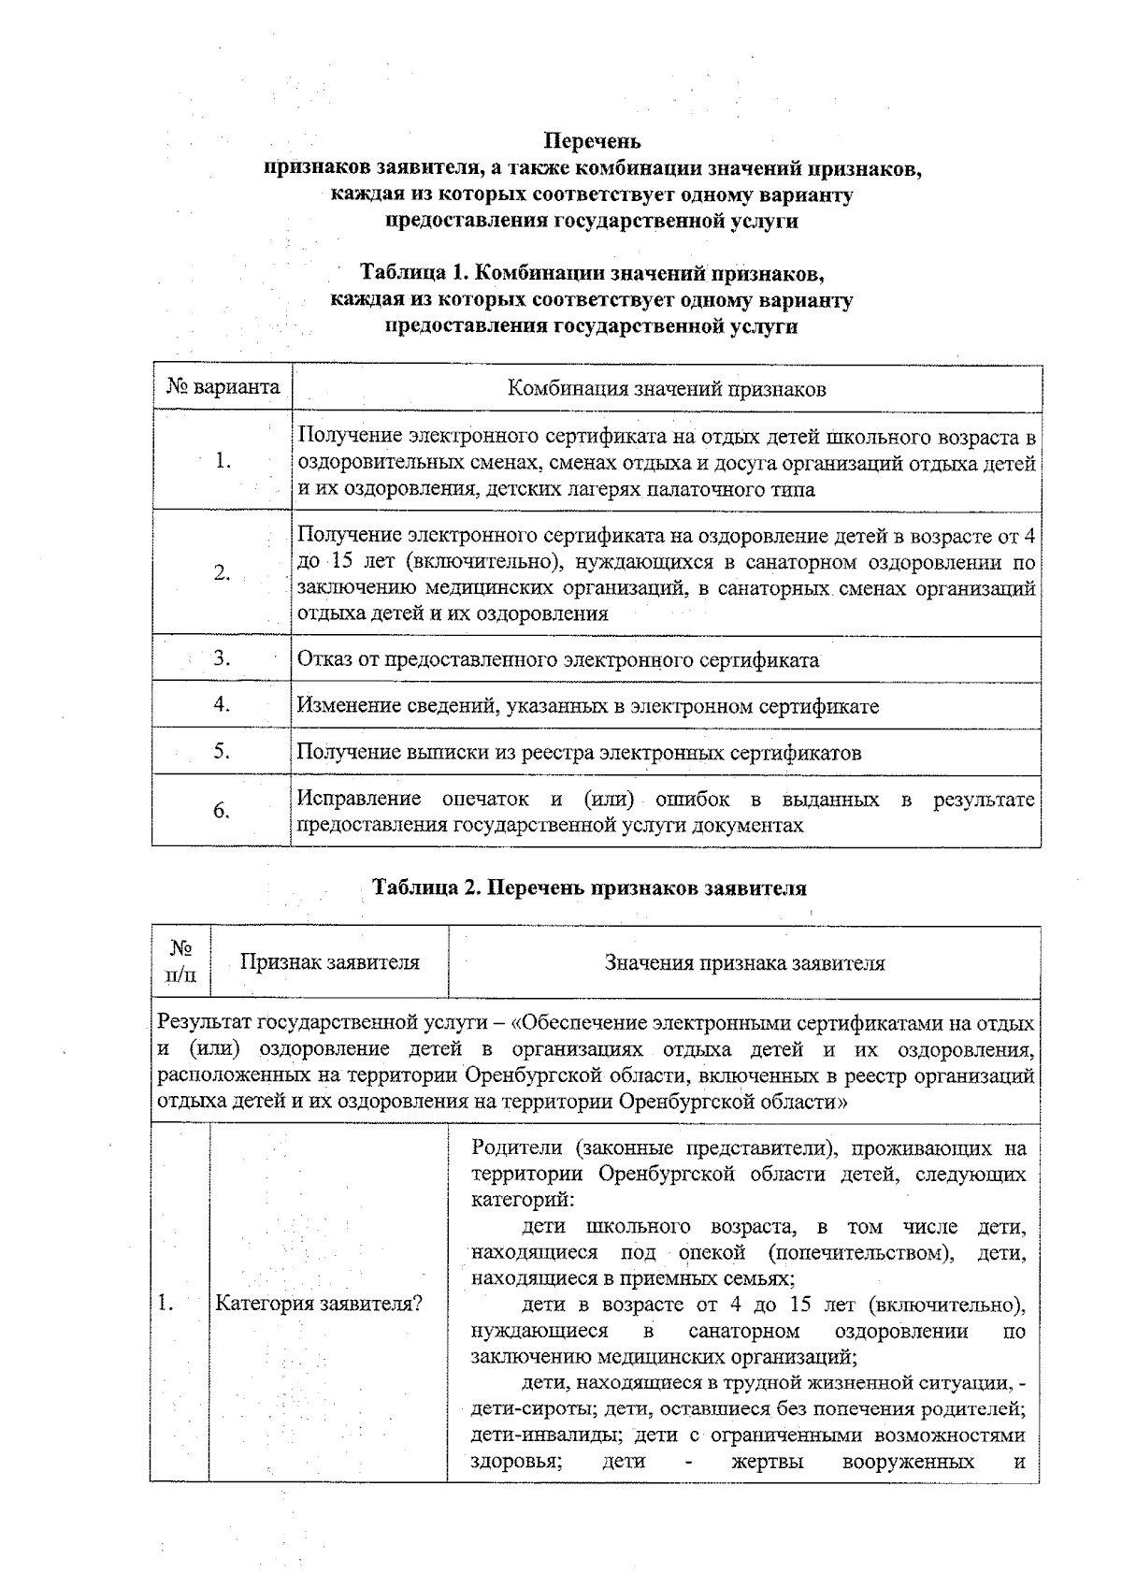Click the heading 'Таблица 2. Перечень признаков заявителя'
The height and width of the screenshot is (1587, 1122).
pyautogui.click(x=589, y=887)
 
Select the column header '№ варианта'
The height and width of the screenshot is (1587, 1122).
pyautogui.click(x=223, y=387)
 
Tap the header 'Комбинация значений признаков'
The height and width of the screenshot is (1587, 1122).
pyautogui.click(x=666, y=389)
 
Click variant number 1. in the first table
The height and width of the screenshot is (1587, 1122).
pyautogui.click(x=223, y=460)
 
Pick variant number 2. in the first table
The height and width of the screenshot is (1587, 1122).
pyautogui.click(x=222, y=572)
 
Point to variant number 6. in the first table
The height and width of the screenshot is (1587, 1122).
pyautogui.click(x=222, y=811)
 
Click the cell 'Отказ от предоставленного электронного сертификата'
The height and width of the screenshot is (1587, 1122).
pyautogui.click(x=557, y=659)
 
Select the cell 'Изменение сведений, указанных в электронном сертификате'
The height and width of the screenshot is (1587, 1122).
pyautogui.click(x=587, y=706)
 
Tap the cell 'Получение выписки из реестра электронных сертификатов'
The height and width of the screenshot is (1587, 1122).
pyautogui.click(x=579, y=753)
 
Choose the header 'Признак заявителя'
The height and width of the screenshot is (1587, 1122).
pyautogui.click(x=329, y=962)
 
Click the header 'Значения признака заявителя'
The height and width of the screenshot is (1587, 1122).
pyautogui.click(x=744, y=963)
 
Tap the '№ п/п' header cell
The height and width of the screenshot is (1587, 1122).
pyautogui.click(x=181, y=962)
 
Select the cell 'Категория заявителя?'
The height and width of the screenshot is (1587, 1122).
pyautogui.click(x=319, y=1304)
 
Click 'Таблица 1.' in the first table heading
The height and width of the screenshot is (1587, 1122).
pyautogui.click(x=413, y=274)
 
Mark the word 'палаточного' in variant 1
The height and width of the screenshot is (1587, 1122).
pyautogui.click(x=687, y=489)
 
